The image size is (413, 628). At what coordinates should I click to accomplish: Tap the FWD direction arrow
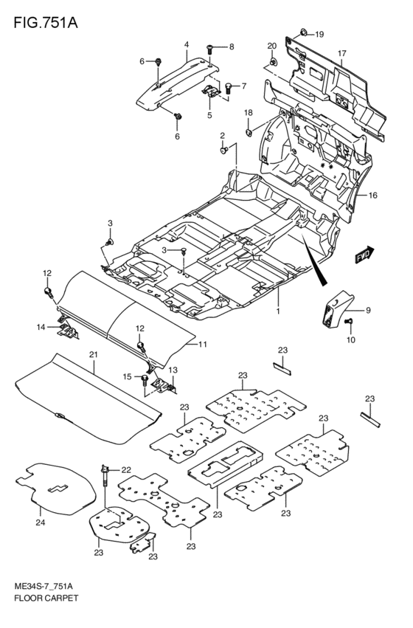tap(364, 256)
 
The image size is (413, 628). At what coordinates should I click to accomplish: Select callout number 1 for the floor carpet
tap(279, 311)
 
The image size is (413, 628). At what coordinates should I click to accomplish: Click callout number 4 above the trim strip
tap(187, 45)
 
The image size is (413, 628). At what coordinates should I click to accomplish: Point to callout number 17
tap(342, 53)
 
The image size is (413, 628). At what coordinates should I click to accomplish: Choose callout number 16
tap(373, 196)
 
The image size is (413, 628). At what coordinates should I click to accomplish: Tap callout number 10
tap(351, 339)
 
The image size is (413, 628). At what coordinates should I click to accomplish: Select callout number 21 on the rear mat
tap(94, 355)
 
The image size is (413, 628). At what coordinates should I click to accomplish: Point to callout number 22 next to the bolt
tap(125, 470)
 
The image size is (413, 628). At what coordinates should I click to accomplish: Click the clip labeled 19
tap(304, 33)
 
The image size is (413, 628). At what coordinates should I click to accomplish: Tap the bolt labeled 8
tap(211, 48)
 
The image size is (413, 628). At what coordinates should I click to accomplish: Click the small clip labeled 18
tap(249, 133)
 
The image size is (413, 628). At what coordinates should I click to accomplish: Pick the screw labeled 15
tap(139, 378)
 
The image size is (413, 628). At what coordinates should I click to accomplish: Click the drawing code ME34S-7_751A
tap(46, 604)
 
